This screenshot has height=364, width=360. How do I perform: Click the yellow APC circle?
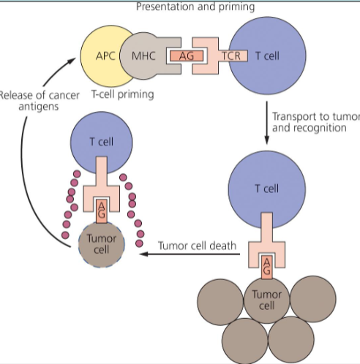105,55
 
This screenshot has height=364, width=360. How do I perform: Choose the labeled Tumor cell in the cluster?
266,298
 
